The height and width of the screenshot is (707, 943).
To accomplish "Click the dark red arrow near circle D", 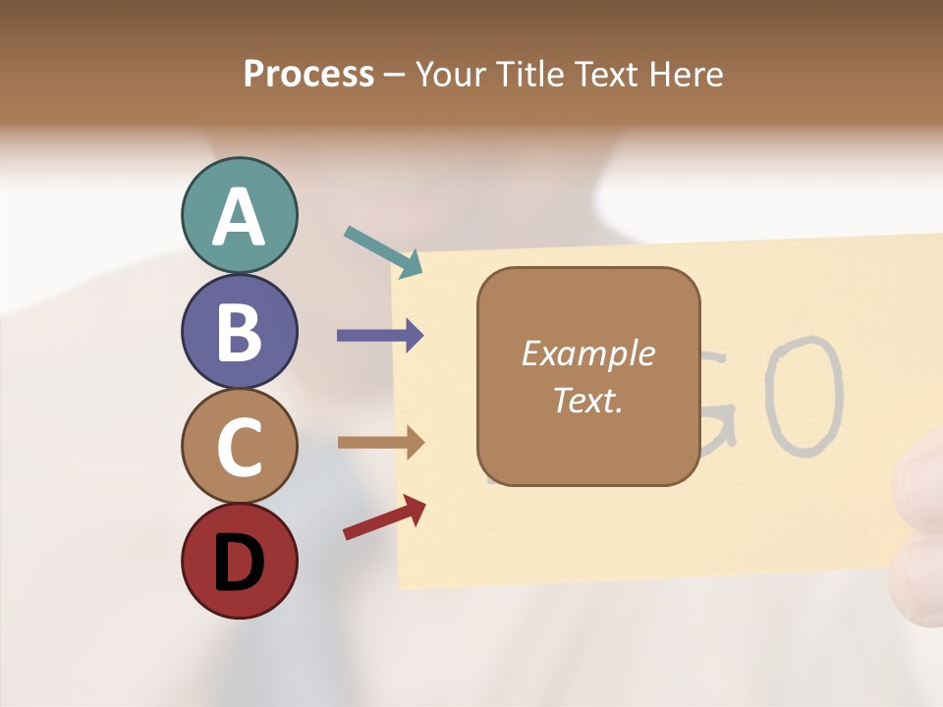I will pyautogui.click(x=384, y=517).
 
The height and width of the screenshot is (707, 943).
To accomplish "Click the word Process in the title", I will pyautogui.click(x=308, y=74).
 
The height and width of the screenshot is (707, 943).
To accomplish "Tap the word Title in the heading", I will pyautogui.click(x=530, y=74).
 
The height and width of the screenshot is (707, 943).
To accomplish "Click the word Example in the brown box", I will pyautogui.click(x=587, y=353).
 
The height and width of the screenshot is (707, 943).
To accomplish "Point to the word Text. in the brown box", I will pyautogui.click(x=587, y=401).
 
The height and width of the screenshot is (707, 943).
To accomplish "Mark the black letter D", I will pyautogui.click(x=240, y=564).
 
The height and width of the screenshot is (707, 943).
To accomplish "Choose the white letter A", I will pyautogui.click(x=240, y=217).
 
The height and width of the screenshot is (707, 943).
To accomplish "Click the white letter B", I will pyautogui.click(x=240, y=332).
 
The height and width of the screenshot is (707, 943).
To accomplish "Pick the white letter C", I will pyautogui.click(x=240, y=448).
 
